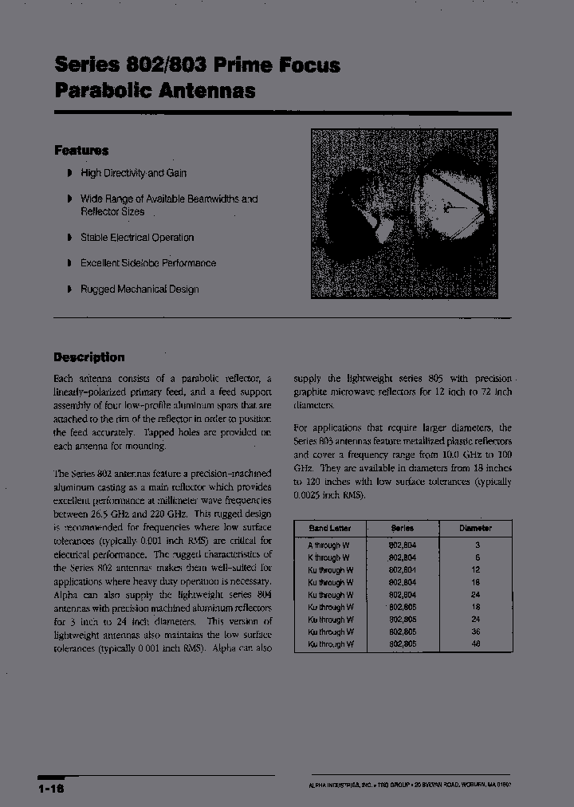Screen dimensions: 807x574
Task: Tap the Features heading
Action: [81, 150]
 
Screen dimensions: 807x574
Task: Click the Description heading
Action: [89, 357]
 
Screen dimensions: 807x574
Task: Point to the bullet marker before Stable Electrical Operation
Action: [70, 237]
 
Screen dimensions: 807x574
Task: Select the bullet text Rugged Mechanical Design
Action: [140, 289]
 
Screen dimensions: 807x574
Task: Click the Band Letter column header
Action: [329, 528]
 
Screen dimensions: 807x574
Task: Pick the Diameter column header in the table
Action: [475, 528]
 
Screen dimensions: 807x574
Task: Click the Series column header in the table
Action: [402, 528]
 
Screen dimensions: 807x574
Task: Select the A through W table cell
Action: [328, 545]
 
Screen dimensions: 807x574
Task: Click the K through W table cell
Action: [328, 557]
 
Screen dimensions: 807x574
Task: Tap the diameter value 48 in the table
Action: [476, 644]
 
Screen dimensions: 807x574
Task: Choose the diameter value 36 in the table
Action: [476, 632]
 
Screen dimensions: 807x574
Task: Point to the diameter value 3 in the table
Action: [476, 545]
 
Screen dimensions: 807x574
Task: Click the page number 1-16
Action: [50, 788]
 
